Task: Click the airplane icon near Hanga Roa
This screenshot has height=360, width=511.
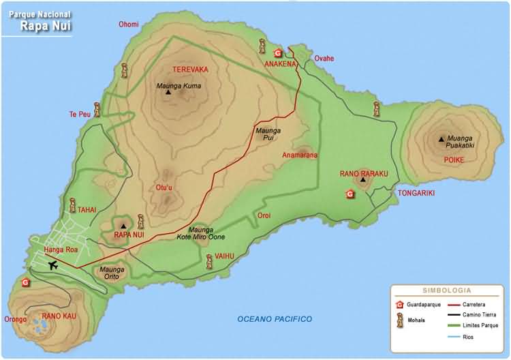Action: coord(54,265)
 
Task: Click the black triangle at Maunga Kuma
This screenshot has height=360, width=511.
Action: coord(168,92)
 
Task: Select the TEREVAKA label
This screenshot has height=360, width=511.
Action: coord(190,70)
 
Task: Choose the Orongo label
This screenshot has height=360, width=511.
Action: coord(15,319)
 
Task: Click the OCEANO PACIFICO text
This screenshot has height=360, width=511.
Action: coord(275,319)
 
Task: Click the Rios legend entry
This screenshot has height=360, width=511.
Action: coord(467,337)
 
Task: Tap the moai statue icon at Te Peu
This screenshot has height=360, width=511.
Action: coord(98,108)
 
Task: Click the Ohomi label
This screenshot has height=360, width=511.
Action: coord(128,25)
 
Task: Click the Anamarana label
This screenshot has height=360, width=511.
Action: coord(300,155)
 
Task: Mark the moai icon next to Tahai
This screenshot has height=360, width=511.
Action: coord(72,205)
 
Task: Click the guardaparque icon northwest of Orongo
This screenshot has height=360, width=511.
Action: coord(26,282)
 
